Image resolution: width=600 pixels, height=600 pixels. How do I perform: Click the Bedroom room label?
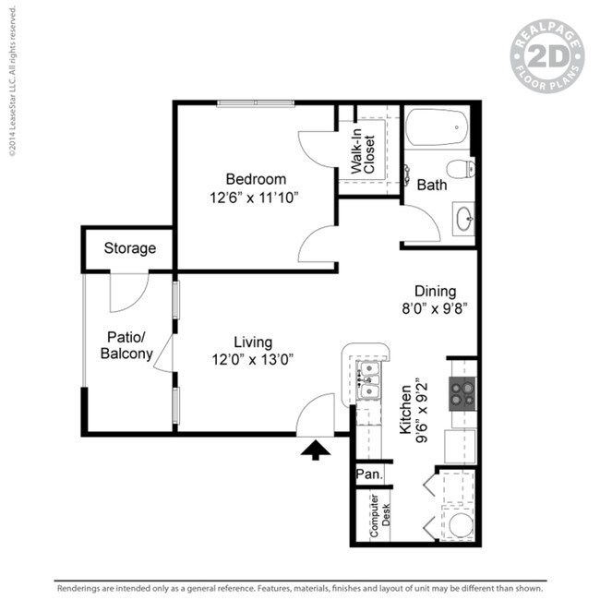click(256, 179)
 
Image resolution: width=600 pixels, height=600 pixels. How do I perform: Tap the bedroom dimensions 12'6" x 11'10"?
click(256, 197)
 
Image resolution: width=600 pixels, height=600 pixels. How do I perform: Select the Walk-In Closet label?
click(362, 155)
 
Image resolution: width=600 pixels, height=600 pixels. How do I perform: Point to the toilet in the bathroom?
click(460, 169)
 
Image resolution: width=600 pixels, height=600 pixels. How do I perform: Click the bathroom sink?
click(463, 221)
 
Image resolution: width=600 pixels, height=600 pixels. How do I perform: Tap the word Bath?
click(431, 185)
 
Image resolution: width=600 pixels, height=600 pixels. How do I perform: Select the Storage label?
click(129, 248)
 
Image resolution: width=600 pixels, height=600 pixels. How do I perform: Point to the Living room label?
click(252, 342)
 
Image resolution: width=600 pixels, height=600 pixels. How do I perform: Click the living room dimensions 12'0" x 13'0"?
click(252, 360)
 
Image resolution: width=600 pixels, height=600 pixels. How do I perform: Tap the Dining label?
click(435, 292)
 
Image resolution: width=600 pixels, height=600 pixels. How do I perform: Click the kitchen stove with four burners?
click(462, 395)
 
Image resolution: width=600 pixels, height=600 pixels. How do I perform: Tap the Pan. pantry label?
click(367, 474)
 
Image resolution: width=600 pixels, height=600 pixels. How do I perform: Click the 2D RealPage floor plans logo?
click(547, 57)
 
